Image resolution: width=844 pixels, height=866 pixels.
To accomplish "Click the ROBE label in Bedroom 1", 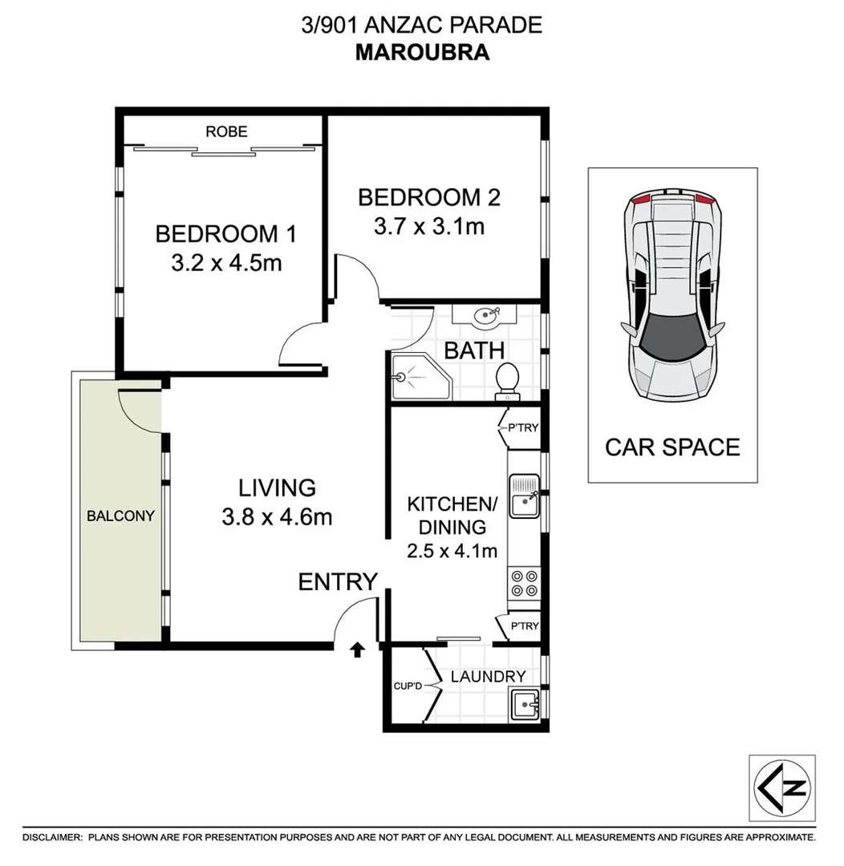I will point(226,132).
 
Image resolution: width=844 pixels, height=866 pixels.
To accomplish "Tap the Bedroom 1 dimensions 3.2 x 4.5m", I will point(226,263).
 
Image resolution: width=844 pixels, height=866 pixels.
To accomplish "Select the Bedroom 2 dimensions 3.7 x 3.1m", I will point(429,227).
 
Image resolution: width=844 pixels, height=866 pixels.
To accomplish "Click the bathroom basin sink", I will point(486,317).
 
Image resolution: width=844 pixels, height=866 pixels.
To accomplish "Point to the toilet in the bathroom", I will point(507,381).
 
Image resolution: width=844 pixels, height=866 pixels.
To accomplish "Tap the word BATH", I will point(474,350).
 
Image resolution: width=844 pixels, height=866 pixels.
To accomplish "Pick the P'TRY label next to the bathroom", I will point(523,428).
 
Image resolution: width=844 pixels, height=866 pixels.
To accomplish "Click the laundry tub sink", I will point(526,705).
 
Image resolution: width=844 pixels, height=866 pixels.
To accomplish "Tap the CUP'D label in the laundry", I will point(408,686).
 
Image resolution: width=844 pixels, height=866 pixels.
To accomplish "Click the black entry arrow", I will point(357,649).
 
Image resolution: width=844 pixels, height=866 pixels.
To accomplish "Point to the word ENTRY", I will point(338,582).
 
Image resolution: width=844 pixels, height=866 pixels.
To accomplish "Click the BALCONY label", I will point(120,516).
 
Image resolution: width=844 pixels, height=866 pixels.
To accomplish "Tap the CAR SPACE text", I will point(672,447).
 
